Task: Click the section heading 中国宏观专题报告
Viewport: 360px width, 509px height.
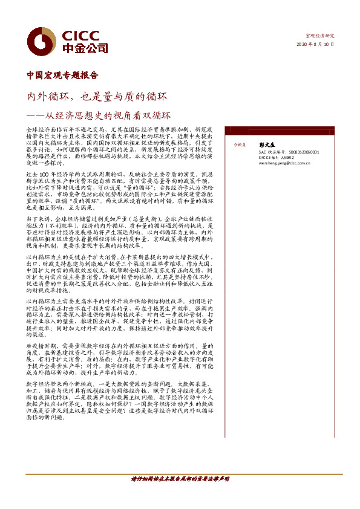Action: [x=62, y=76]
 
